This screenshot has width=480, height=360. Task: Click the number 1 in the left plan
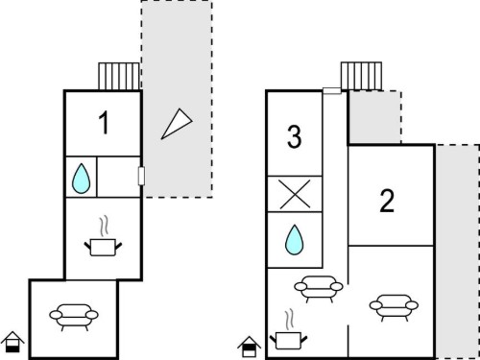click(104, 123)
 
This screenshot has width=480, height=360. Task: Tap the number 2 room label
click(387, 201)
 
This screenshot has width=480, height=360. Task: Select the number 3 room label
click(294, 136)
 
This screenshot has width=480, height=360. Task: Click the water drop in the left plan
click(81, 179)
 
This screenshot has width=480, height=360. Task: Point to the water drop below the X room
click(294, 240)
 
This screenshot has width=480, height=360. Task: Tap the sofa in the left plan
click(74, 317)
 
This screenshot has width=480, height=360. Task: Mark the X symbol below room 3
click(295, 194)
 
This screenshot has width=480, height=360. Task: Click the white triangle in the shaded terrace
click(177, 124)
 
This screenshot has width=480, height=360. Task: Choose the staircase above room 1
click(119, 77)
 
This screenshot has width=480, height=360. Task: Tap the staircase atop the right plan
click(361, 76)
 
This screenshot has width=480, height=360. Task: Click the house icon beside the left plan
click(12, 342)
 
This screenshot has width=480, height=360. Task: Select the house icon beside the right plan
click(250, 347)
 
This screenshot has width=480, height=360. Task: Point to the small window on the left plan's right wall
click(141, 176)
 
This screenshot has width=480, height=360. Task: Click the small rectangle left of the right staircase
click(332, 91)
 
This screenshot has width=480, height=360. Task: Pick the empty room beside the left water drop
click(118, 177)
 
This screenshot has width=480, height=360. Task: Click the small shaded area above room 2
click(374, 118)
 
